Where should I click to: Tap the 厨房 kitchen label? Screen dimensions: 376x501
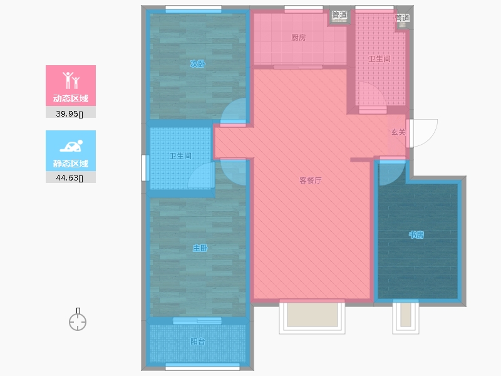tap(299, 38)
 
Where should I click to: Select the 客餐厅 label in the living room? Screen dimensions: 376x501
tap(310, 180)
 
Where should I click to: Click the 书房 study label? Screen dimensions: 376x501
tap(416, 235)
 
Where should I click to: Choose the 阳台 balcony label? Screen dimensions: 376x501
tap(197, 342)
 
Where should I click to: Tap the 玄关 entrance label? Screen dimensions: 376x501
tap(398, 132)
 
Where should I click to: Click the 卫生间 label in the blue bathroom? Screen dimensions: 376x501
tap(180, 156)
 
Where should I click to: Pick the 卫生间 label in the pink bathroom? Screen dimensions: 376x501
tap(380, 60)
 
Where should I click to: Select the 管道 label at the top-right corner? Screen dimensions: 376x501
tap(403, 18)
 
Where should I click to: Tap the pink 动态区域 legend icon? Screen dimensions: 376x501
tap(71, 80)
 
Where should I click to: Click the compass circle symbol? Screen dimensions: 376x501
tap(78, 322)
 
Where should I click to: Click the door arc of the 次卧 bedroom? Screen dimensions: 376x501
tap(234, 113)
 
